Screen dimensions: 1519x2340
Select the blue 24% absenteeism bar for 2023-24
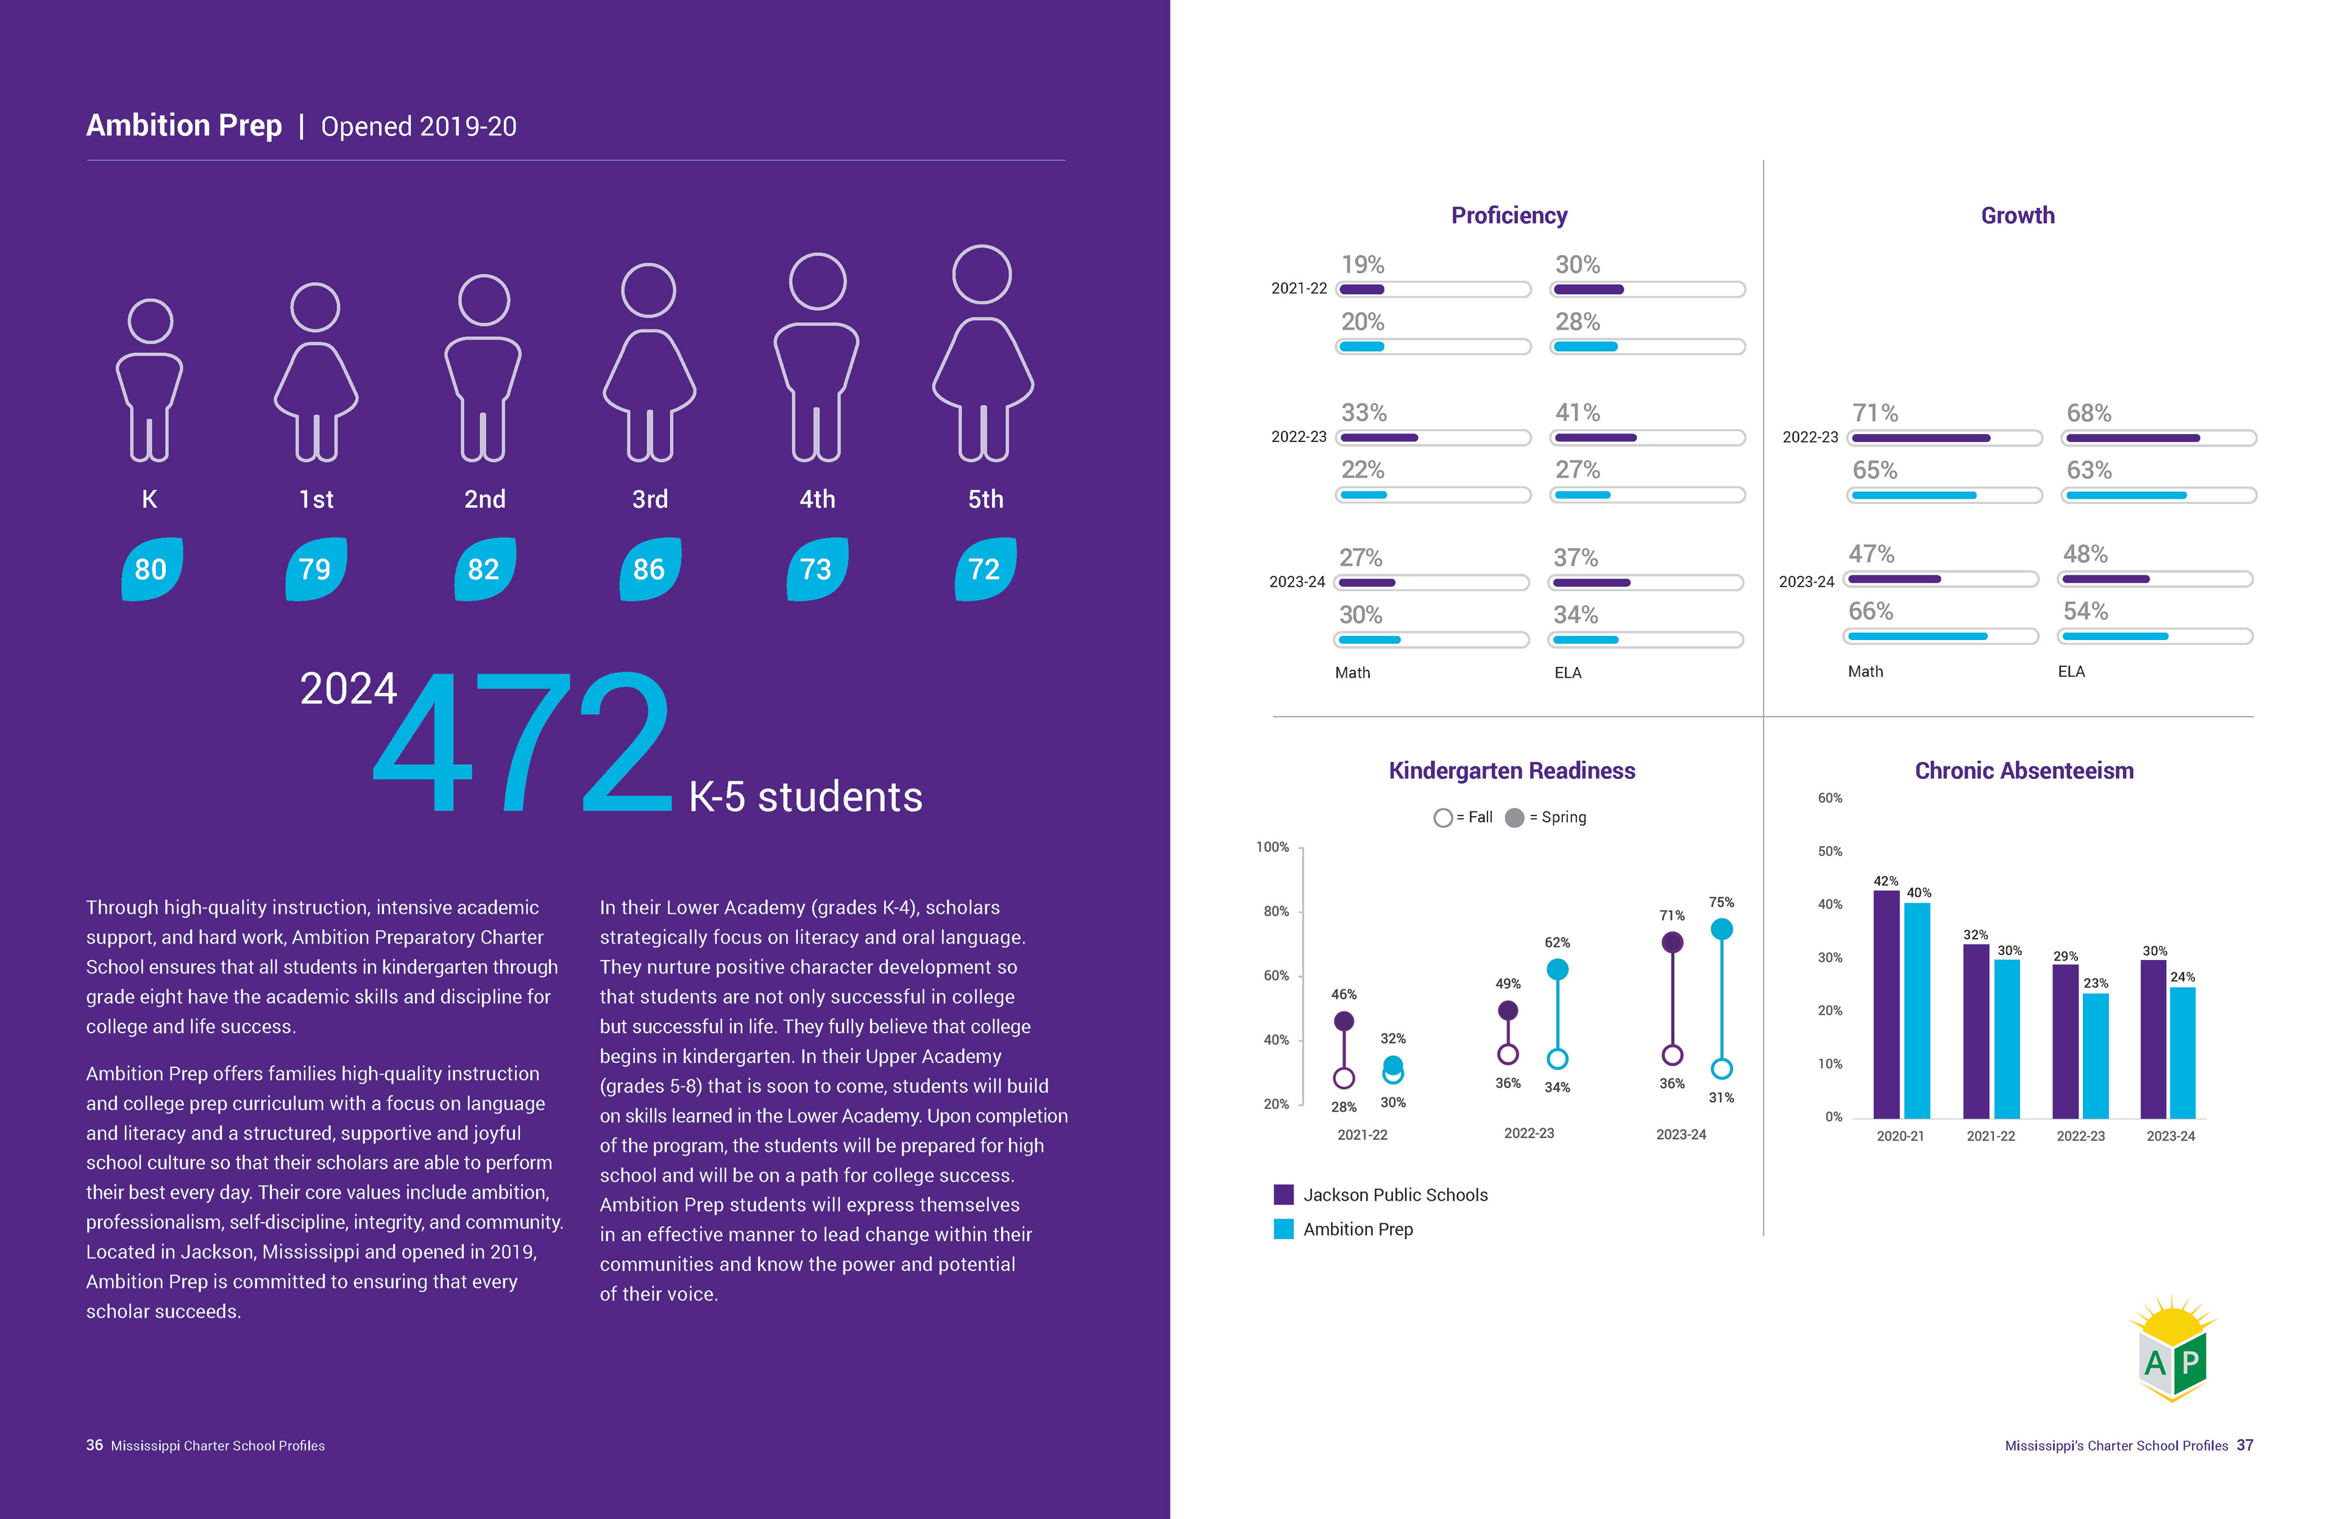(x=2182, y=1052)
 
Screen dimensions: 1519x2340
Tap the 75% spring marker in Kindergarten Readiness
(x=1721, y=929)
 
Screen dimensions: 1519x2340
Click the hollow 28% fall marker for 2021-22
(x=1343, y=1078)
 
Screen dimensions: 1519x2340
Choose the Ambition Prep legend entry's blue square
(x=1283, y=1229)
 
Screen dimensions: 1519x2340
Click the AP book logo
(x=2173, y=1350)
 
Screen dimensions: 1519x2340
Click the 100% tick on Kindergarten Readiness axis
(x=1272, y=847)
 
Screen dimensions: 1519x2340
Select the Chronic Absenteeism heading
(x=2023, y=771)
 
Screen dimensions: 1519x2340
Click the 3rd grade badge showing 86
(x=649, y=569)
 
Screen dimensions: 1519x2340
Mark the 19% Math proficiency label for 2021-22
(x=1363, y=265)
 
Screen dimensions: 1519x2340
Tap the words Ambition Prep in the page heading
(x=184, y=126)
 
